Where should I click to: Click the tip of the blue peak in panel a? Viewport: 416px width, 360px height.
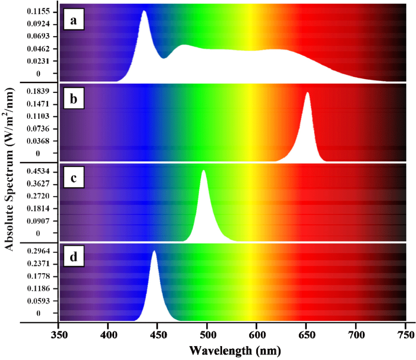(145, 11)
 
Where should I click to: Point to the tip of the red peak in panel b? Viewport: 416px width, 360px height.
(307, 93)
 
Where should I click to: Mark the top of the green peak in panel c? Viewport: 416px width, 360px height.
(204, 171)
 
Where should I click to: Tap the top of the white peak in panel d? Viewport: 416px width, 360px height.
(154, 251)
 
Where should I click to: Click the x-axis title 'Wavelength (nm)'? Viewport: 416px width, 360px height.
(235, 350)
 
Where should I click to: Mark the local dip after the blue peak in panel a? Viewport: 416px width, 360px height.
(165, 58)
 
